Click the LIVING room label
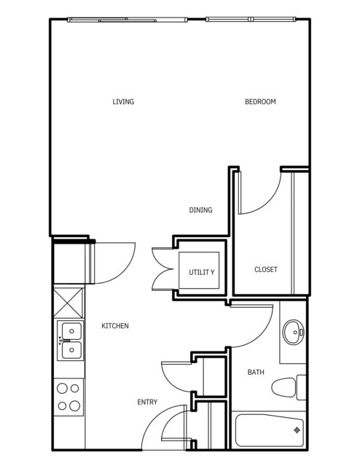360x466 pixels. point(123,101)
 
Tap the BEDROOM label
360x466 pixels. point(260,101)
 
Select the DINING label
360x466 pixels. point(201,210)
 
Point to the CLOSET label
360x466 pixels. point(266,270)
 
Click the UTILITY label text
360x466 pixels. point(201,272)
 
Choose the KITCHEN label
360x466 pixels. point(115,326)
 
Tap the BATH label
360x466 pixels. point(256,372)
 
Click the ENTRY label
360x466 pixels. point(147,402)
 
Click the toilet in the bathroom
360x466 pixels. point(289,387)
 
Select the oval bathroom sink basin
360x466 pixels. point(294,332)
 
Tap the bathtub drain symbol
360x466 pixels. point(297,430)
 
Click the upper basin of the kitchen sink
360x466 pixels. point(71,331)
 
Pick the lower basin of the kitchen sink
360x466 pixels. point(71,350)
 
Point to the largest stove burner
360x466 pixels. point(74,405)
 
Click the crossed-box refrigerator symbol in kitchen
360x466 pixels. point(69,303)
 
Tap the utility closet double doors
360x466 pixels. point(163,269)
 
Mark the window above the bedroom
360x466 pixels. point(251,19)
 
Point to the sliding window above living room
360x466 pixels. point(128,20)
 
